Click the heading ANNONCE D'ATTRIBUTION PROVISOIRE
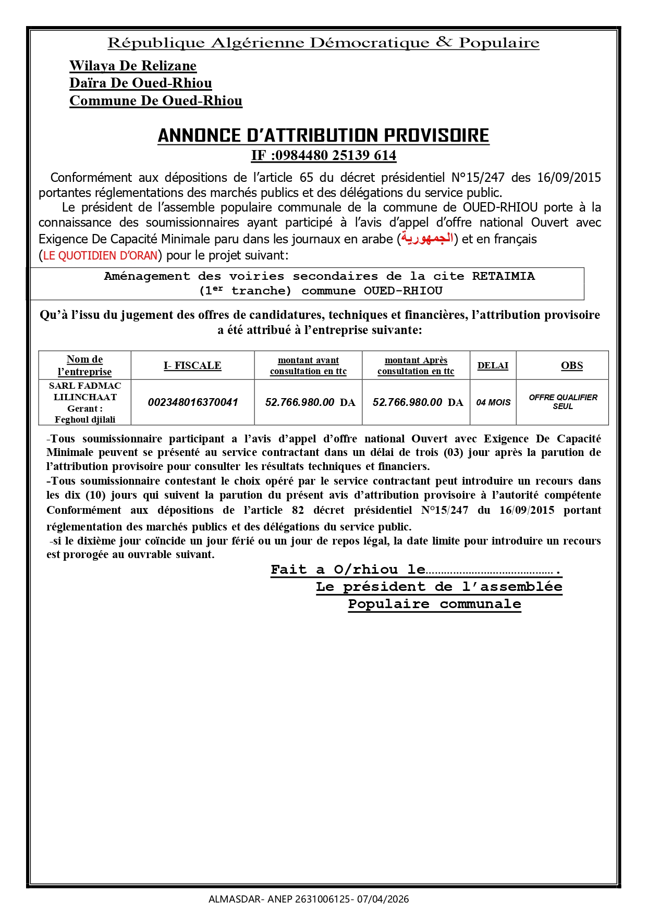point(323,135)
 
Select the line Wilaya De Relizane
point(133,66)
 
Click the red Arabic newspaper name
point(426,239)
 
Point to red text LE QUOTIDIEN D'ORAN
point(101,255)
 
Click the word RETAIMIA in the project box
point(503,276)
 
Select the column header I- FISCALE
point(192,365)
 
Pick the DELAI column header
point(493,365)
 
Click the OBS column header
point(571,365)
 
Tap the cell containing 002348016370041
point(193,402)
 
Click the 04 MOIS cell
point(493,402)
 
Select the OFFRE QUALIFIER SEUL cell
point(563,402)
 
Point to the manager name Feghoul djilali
point(85,419)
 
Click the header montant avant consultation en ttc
point(308,365)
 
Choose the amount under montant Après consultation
point(418,402)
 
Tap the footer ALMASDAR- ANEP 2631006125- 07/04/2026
point(309,899)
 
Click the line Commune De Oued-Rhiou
point(156,101)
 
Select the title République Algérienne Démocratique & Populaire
point(323,43)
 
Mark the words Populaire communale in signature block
point(434,604)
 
